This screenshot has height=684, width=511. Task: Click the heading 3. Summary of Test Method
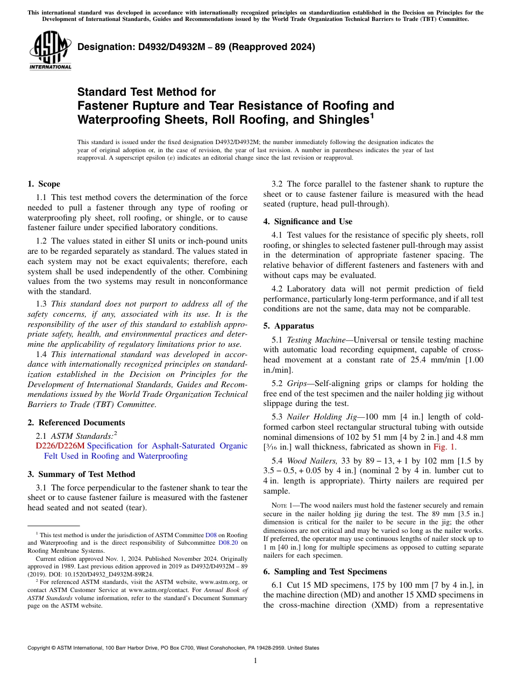click(81, 474)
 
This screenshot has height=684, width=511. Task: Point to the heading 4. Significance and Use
click(308, 222)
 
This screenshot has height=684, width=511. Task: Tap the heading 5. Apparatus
click(289, 326)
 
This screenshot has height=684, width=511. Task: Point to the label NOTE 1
click(283, 506)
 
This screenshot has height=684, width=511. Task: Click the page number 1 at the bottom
click(256, 661)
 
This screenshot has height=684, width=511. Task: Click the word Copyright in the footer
click(41, 648)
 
